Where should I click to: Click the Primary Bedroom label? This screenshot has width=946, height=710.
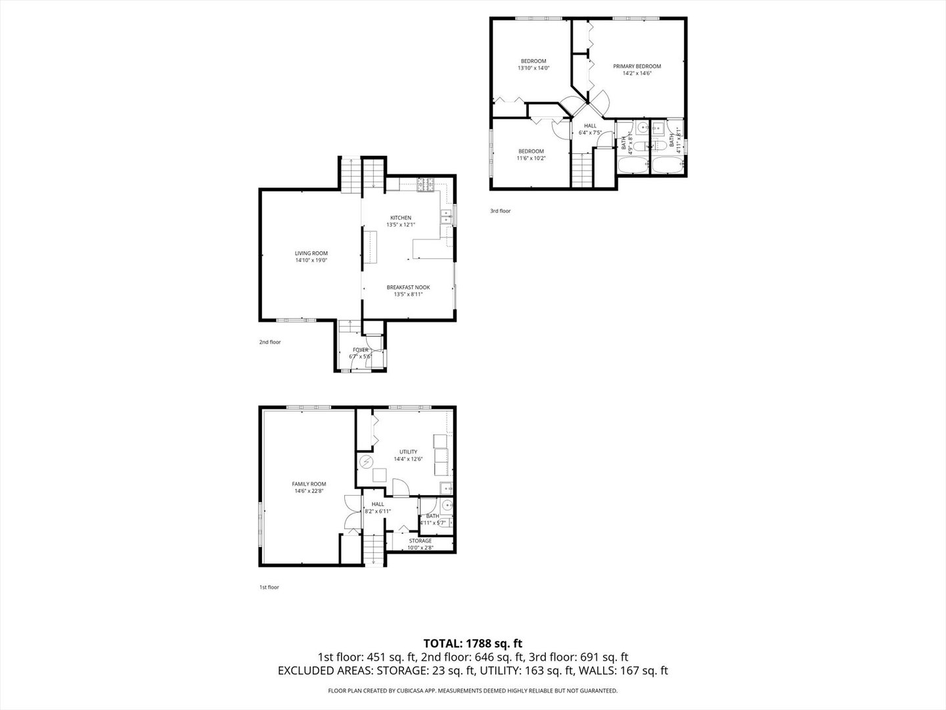[x=637, y=66]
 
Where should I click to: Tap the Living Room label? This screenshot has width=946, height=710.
[x=311, y=253]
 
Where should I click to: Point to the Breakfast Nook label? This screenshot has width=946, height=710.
[x=408, y=287]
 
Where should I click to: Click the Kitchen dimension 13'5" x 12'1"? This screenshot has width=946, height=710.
[x=401, y=225]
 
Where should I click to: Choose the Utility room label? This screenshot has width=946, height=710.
[x=408, y=452]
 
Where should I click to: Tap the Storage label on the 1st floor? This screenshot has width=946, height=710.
[x=420, y=541]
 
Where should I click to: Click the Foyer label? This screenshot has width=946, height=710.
[x=361, y=350]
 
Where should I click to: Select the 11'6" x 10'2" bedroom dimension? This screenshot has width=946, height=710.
[x=531, y=158]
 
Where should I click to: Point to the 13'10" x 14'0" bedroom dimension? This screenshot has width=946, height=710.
[x=533, y=68]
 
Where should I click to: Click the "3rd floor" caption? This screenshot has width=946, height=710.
[x=500, y=211]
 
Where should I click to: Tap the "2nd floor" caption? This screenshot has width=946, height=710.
[x=269, y=342]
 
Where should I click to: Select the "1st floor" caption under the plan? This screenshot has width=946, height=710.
[x=269, y=587]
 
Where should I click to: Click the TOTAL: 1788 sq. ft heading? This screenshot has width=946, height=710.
[x=472, y=643]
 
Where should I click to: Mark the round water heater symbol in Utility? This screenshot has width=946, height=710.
[x=365, y=462]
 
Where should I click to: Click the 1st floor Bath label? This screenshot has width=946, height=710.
[x=432, y=516]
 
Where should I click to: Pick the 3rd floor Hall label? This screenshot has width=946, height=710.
[x=590, y=126]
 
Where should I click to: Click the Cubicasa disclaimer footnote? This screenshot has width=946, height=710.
[x=472, y=691]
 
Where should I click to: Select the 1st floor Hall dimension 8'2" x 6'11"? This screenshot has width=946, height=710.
[x=378, y=511]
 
